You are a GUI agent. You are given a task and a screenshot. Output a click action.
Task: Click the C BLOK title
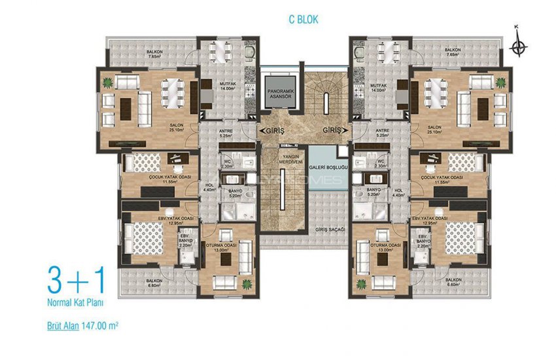(x=304, y=20)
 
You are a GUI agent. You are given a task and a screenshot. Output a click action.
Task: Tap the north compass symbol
(x=518, y=46)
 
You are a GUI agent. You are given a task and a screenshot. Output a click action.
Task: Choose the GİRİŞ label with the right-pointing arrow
(x=334, y=131)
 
